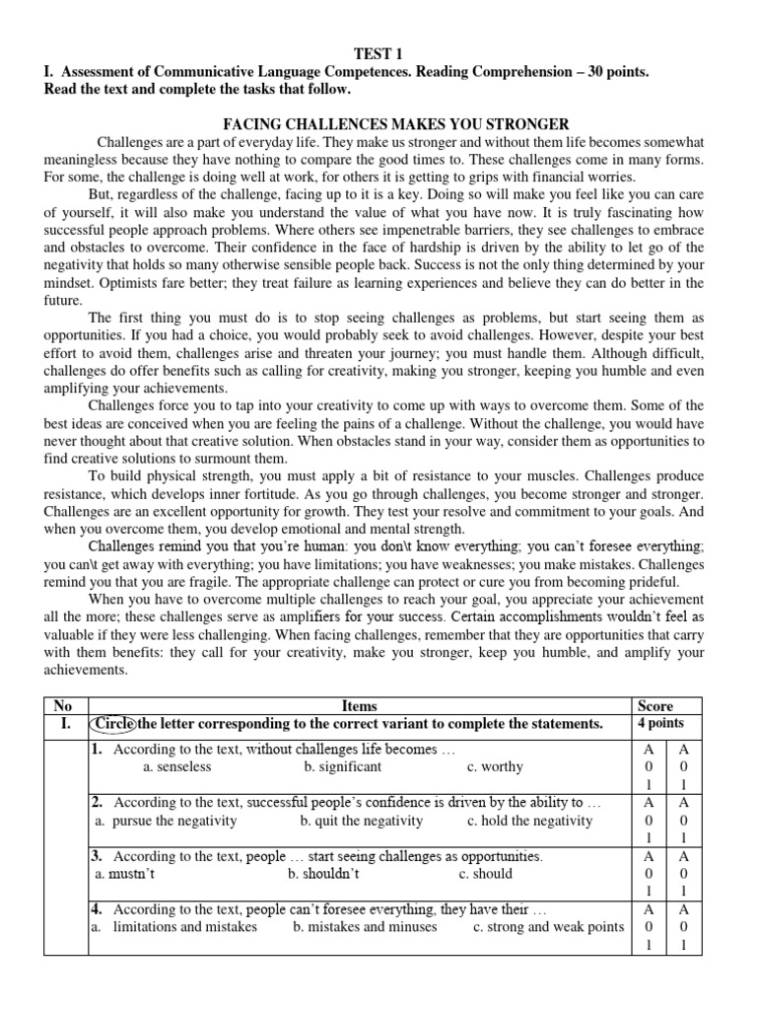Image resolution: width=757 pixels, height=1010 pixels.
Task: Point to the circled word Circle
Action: click(x=111, y=724)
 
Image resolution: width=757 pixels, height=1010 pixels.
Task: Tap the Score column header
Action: click(x=655, y=705)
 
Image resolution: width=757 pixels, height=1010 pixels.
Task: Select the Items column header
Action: click(x=359, y=705)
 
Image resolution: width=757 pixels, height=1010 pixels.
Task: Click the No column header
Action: click(x=64, y=705)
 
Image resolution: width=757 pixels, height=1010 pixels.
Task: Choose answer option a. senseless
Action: click(x=176, y=766)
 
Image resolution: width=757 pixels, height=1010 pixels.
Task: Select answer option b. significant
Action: click(x=342, y=766)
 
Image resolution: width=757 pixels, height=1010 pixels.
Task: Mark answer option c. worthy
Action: click(x=495, y=766)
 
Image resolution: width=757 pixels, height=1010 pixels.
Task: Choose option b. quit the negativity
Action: click(x=362, y=820)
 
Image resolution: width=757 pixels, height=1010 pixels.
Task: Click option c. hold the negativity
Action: click(x=530, y=820)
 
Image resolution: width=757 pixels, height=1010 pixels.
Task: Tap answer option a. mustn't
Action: click(x=124, y=873)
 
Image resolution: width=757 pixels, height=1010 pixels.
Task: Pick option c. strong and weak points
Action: click(x=549, y=926)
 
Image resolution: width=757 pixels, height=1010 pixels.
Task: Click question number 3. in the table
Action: click(x=100, y=855)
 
